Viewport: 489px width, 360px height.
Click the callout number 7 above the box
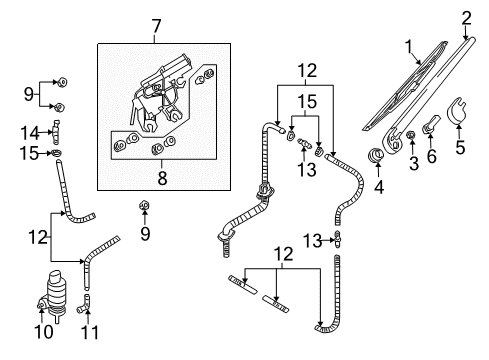pos(156,27)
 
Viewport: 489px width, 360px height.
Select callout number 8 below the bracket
pos(162,178)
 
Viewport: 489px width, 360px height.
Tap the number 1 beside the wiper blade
pos(409,47)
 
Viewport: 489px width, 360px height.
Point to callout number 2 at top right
pos(467,18)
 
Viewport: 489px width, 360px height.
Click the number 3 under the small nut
pos(414,163)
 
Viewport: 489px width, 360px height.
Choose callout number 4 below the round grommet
pos(379,187)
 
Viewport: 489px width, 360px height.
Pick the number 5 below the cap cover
pos(460,147)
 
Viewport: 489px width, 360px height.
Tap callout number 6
pos(432,156)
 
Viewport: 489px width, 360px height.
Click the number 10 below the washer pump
pos(44,332)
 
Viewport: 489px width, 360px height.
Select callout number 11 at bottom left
pos(90,332)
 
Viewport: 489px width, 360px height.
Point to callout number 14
pos(30,133)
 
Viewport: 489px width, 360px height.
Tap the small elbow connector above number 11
pos(83,304)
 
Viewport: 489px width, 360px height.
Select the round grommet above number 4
pos(375,154)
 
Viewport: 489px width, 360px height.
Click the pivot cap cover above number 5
pos(456,111)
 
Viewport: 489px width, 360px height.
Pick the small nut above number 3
pos(411,135)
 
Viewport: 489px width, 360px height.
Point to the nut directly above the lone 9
pos(144,206)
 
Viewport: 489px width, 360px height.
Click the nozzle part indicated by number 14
pos(56,132)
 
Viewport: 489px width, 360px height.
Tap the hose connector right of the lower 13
pos(338,239)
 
